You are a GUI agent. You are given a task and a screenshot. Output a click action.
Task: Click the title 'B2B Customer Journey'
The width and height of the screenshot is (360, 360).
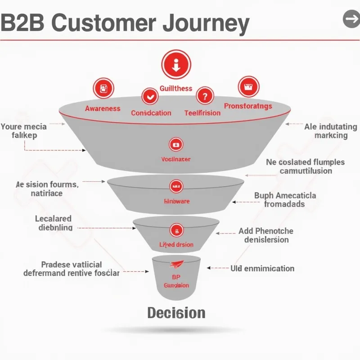tap(125, 23)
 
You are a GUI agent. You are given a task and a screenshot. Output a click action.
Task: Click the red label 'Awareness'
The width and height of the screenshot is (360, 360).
tap(103, 108)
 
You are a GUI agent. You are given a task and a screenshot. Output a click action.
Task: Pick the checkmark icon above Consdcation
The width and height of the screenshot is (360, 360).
tap(150, 96)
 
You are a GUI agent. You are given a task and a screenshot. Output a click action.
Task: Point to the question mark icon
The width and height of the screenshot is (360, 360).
tap(205, 96)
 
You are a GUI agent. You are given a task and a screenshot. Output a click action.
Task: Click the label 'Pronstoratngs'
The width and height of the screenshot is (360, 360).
tap(248, 106)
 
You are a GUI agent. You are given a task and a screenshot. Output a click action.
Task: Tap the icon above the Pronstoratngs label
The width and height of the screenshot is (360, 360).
tap(247, 87)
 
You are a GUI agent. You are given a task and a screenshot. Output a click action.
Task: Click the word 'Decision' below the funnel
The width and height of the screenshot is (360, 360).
tap(176, 312)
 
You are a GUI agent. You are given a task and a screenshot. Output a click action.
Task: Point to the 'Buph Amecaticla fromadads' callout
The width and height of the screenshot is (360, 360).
tap(285, 200)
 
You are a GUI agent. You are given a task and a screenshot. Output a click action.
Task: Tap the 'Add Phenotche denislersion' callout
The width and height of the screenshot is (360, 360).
tap(266, 235)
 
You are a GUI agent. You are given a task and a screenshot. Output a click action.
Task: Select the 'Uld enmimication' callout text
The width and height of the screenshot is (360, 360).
tap(263, 268)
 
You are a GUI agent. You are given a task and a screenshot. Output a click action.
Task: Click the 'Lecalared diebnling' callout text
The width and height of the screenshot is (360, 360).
tap(54, 223)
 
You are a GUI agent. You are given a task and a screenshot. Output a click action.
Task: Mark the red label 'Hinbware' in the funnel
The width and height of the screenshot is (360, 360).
tap(176, 201)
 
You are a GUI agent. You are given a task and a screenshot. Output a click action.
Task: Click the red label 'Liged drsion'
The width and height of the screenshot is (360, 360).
tap(176, 244)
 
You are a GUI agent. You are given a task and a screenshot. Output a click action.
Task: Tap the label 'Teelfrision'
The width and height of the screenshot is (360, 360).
tap(202, 113)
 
